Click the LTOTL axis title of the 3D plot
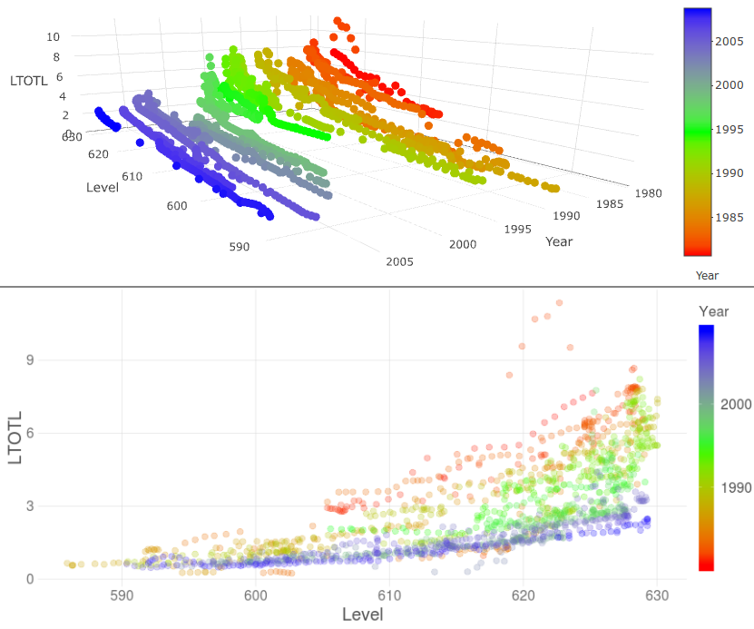(28, 81)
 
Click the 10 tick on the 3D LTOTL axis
(53, 36)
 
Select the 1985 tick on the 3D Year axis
(611, 204)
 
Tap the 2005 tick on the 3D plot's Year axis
(399, 261)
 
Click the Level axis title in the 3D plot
(103, 187)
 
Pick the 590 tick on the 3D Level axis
(240, 246)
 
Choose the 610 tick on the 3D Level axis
(132, 175)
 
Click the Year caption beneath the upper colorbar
(707, 274)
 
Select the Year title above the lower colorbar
(713, 311)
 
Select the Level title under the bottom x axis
(362, 614)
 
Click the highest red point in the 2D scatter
(559, 302)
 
